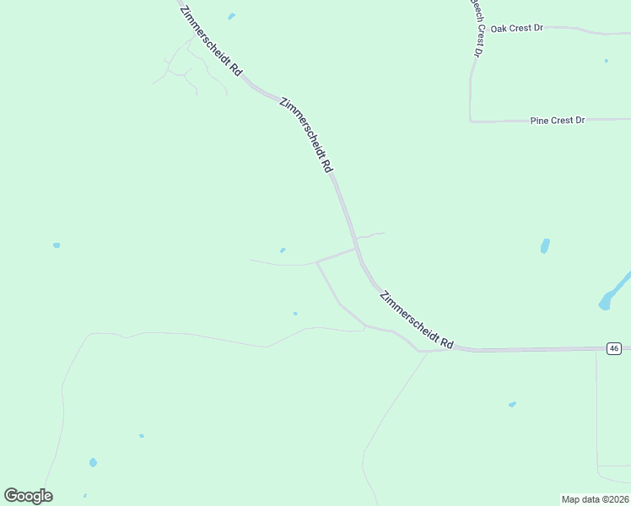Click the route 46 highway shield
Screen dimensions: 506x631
click(614, 348)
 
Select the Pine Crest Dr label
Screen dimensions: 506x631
click(557, 121)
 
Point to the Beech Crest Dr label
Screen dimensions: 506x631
click(477, 25)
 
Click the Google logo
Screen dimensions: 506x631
click(28, 496)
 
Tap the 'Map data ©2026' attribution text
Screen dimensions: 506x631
click(595, 499)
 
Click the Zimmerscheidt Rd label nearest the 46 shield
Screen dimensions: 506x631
click(417, 320)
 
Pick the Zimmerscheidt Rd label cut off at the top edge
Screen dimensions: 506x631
click(211, 40)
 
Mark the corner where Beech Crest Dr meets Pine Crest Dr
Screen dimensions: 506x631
click(471, 121)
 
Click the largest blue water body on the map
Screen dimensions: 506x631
click(614, 291)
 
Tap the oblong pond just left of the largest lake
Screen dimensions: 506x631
click(545, 246)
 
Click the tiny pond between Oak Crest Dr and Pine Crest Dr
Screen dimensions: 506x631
click(606, 61)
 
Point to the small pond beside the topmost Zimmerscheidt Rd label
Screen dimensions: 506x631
click(231, 16)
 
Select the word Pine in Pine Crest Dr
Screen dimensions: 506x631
click(539, 121)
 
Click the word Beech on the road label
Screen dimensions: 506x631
click(475, 8)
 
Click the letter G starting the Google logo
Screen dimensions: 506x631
click(11, 495)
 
